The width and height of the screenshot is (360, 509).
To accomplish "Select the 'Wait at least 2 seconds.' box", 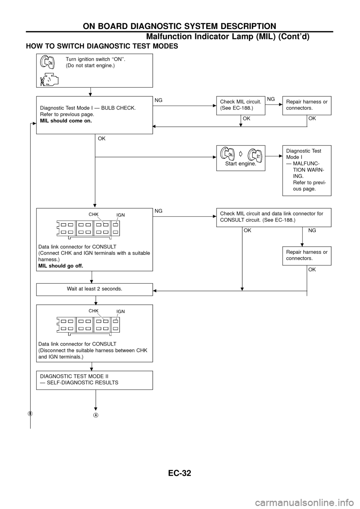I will coord(94,289).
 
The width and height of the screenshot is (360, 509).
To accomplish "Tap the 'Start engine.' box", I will coord(241,158).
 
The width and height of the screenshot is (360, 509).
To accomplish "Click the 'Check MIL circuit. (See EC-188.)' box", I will coord(241,105).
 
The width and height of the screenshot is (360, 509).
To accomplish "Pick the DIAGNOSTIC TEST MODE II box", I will coord(94,380).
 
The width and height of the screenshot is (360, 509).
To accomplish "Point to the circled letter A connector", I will coord(96,414).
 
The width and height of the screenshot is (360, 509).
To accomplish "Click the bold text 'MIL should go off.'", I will coord(61,265).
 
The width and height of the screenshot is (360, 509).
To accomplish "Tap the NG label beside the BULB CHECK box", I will coord(158,100).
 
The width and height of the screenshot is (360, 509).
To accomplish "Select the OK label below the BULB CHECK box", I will coord(102,139).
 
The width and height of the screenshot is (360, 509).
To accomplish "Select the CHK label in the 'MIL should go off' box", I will coord(93,214).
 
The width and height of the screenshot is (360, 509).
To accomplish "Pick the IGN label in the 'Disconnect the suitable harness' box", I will coord(120,311).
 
